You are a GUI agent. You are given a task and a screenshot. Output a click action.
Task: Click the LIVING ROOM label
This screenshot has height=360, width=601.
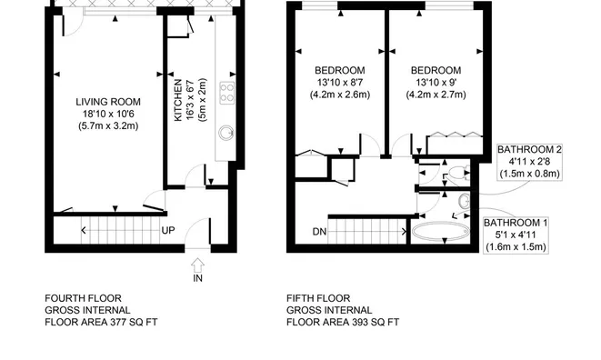coord(108,102)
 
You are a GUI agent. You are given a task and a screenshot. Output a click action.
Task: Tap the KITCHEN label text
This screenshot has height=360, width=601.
coord(178,100)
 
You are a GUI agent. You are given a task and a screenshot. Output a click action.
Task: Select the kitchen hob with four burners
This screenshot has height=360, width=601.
coord(227,93)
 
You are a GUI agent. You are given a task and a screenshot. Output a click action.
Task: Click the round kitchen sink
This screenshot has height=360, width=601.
coord(226,134)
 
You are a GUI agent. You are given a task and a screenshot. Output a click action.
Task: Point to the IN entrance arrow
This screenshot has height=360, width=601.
coord(197,265)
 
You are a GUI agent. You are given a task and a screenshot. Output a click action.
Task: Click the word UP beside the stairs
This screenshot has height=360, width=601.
coord(168,230)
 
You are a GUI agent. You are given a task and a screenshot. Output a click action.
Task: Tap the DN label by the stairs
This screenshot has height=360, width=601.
coord(320,232)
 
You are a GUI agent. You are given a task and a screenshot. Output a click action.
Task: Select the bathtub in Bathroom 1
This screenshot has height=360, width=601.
coord(440,231)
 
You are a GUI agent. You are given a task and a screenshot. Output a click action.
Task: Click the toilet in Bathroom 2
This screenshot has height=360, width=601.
coord(457,173)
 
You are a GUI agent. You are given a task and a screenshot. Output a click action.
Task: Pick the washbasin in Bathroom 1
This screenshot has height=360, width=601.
coord(465,201)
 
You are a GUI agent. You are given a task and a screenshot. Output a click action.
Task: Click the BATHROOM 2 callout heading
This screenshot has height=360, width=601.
coord(530,149)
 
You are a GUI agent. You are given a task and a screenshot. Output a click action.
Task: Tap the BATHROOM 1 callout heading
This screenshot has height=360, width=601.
coord(516,223)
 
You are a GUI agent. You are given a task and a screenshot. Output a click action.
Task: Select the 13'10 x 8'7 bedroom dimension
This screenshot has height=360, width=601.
coord(340,82)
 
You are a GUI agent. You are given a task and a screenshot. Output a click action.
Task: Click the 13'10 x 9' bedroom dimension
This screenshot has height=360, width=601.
coord(436,82)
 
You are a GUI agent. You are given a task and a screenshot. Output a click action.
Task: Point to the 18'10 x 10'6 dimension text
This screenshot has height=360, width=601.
coord(108,114)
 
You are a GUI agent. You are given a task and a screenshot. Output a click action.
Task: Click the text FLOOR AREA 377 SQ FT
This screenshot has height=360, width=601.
coord(101,322)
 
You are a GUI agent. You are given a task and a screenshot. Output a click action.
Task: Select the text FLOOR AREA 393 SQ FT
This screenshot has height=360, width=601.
coord(343,322)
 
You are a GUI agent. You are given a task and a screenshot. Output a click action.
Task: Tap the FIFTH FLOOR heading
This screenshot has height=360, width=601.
coord(318,298)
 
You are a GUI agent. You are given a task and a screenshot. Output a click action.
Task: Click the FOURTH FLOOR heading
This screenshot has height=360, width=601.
coord(83,298)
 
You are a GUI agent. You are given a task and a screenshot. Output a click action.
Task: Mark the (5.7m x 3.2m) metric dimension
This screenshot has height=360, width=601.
coord(108,125)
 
